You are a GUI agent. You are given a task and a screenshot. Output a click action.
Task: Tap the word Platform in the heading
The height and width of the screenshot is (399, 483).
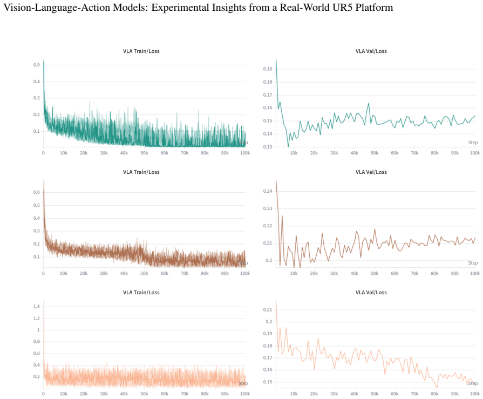click(x=375, y=8)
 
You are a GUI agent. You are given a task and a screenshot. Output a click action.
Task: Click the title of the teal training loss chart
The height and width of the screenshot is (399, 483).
click(x=141, y=51)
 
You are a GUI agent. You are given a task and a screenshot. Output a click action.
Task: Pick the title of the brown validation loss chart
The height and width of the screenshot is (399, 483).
click(x=371, y=172)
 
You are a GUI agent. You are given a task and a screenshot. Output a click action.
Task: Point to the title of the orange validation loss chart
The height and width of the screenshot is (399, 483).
click(x=371, y=293)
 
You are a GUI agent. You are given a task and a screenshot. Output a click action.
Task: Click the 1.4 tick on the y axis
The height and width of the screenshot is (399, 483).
click(x=37, y=306)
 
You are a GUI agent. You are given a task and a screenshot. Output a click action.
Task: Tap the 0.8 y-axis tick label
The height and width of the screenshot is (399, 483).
click(x=37, y=341)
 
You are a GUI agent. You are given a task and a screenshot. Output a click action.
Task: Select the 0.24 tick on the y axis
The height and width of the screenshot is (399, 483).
click(x=268, y=191)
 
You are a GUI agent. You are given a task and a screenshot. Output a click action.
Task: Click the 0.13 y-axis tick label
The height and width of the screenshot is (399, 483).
click(x=268, y=147)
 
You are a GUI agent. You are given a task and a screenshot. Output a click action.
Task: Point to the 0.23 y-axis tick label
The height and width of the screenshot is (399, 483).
click(x=268, y=208)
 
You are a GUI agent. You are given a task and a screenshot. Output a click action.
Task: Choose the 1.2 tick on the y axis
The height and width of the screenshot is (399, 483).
click(x=37, y=318)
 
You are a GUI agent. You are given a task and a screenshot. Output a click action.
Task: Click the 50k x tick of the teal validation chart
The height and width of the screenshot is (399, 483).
click(x=375, y=153)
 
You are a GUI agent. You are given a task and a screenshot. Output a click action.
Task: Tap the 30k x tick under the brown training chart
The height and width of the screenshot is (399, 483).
click(x=104, y=273)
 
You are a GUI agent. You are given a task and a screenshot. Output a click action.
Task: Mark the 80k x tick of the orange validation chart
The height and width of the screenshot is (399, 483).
click(x=434, y=394)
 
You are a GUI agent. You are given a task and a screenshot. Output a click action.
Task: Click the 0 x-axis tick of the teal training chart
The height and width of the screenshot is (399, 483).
click(x=43, y=153)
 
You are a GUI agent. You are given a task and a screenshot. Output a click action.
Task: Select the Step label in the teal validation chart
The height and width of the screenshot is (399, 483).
click(x=473, y=143)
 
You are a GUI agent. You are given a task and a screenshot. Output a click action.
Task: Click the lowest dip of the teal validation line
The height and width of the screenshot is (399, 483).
click(x=288, y=147)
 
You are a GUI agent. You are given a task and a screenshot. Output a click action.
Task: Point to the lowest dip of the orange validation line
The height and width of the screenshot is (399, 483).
click(x=437, y=387)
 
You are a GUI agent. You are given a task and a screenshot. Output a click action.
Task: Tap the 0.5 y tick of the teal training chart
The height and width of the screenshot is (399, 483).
click(x=37, y=65)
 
